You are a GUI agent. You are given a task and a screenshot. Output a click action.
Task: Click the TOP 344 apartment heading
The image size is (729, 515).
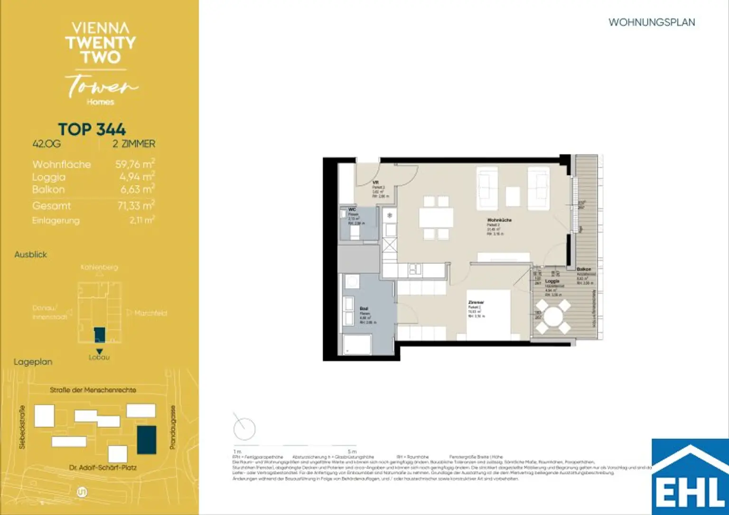(x=92, y=129)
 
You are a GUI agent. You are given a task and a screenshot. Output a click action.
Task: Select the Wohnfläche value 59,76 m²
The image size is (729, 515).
(x=135, y=164)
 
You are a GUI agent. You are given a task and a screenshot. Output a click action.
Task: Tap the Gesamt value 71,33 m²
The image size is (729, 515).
(x=136, y=206)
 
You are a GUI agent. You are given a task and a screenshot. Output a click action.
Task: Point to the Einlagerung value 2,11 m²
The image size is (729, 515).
(x=142, y=220)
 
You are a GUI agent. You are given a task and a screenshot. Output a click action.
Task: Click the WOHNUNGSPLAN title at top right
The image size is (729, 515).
(x=651, y=22)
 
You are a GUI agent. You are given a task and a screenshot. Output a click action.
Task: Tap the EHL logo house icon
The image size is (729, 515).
(x=690, y=477)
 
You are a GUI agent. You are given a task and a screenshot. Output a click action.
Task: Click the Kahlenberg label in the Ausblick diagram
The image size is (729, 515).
(x=99, y=267)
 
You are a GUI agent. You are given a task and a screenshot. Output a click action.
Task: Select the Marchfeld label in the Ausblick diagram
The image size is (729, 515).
(x=150, y=313)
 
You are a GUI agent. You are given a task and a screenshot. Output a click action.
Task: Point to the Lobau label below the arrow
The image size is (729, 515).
(x=99, y=357)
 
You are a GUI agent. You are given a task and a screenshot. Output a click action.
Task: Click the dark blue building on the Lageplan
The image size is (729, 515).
(x=147, y=440)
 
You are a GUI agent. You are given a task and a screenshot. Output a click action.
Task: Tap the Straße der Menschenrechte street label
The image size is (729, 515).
(x=93, y=390)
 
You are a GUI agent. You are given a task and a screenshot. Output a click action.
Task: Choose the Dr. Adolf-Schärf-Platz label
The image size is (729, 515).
(x=103, y=468)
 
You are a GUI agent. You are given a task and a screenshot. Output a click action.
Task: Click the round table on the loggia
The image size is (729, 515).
(x=552, y=317)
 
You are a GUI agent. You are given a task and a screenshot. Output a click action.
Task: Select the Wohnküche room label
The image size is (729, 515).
(x=499, y=220)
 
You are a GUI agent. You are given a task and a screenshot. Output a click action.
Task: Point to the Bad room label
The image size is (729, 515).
(x=364, y=309)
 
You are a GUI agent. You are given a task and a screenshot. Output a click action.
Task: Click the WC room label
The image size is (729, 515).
(x=352, y=209)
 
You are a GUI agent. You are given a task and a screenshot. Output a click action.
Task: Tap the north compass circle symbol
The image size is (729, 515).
(x=244, y=429)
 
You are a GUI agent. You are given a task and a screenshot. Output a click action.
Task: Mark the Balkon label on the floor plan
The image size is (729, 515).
(x=584, y=269)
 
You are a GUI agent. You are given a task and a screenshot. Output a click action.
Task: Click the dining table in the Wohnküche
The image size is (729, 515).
(x=436, y=218)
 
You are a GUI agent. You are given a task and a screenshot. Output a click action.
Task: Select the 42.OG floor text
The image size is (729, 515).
(x=47, y=144)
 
